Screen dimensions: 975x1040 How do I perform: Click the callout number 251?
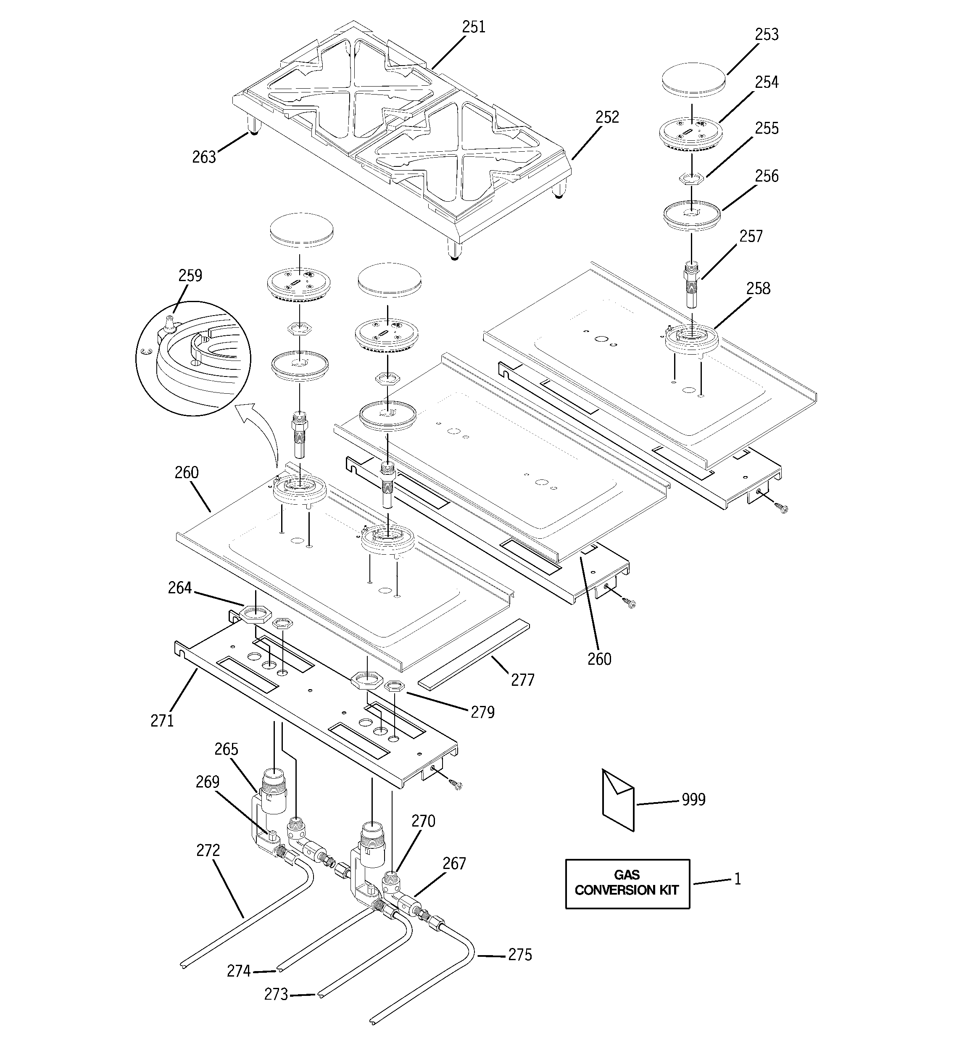pos(473,27)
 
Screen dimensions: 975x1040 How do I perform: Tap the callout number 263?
pos(203,157)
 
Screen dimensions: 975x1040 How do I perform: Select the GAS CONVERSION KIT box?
pos(627,884)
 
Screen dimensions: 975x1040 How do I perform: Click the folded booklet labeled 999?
pos(618,800)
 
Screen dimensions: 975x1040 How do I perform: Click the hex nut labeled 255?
pos(691,179)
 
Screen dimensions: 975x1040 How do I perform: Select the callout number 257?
pos(751,237)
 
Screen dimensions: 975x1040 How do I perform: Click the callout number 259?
pos(190,276)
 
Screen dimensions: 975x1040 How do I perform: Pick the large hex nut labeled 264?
pos(255,613)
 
